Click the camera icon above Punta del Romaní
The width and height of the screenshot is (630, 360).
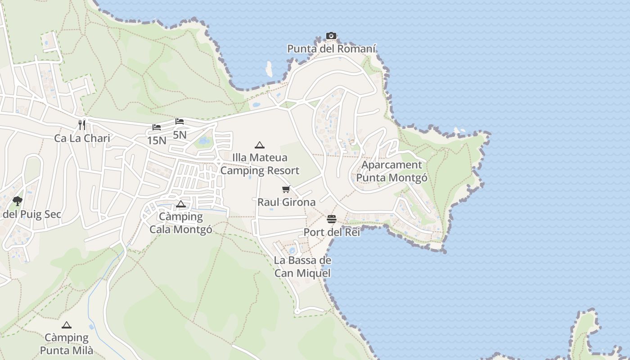click(x=331, y=36)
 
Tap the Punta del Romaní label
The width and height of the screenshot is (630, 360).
click(x=332, y=49)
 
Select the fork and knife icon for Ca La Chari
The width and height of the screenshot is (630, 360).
click(x=82, y=125)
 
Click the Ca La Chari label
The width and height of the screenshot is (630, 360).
click(x=82, y=138)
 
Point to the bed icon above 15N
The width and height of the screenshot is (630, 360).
click(x=157, y=127)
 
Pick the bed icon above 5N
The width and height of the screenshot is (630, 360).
click(x=180, y=121)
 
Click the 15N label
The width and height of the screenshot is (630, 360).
click(x=157, y=140)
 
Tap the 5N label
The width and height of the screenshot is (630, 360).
click(x=180, y=135)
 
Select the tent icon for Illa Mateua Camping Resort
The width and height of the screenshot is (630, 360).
click(x=259, y=145)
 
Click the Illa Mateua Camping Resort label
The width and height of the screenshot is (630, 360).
click(x=260, y=164)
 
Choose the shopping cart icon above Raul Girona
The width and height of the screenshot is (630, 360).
click(x=286, y=189)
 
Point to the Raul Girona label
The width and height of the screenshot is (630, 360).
click(x=286, y=202)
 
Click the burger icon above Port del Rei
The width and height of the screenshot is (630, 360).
click(x=332, y=219)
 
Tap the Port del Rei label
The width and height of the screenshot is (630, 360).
click(x=332, y=232)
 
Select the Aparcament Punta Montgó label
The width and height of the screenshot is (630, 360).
click(x=392, y=171)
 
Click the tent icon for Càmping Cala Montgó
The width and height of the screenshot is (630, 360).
click(x=181, y=204)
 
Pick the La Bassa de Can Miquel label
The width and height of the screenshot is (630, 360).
click(x=302, y=267)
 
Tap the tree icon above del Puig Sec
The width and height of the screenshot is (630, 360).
click(x=18, y=201)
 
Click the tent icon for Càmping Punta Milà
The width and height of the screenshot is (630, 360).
click(x=67, y=325)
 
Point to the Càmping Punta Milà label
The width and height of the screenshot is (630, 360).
click(x=67, y=344)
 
